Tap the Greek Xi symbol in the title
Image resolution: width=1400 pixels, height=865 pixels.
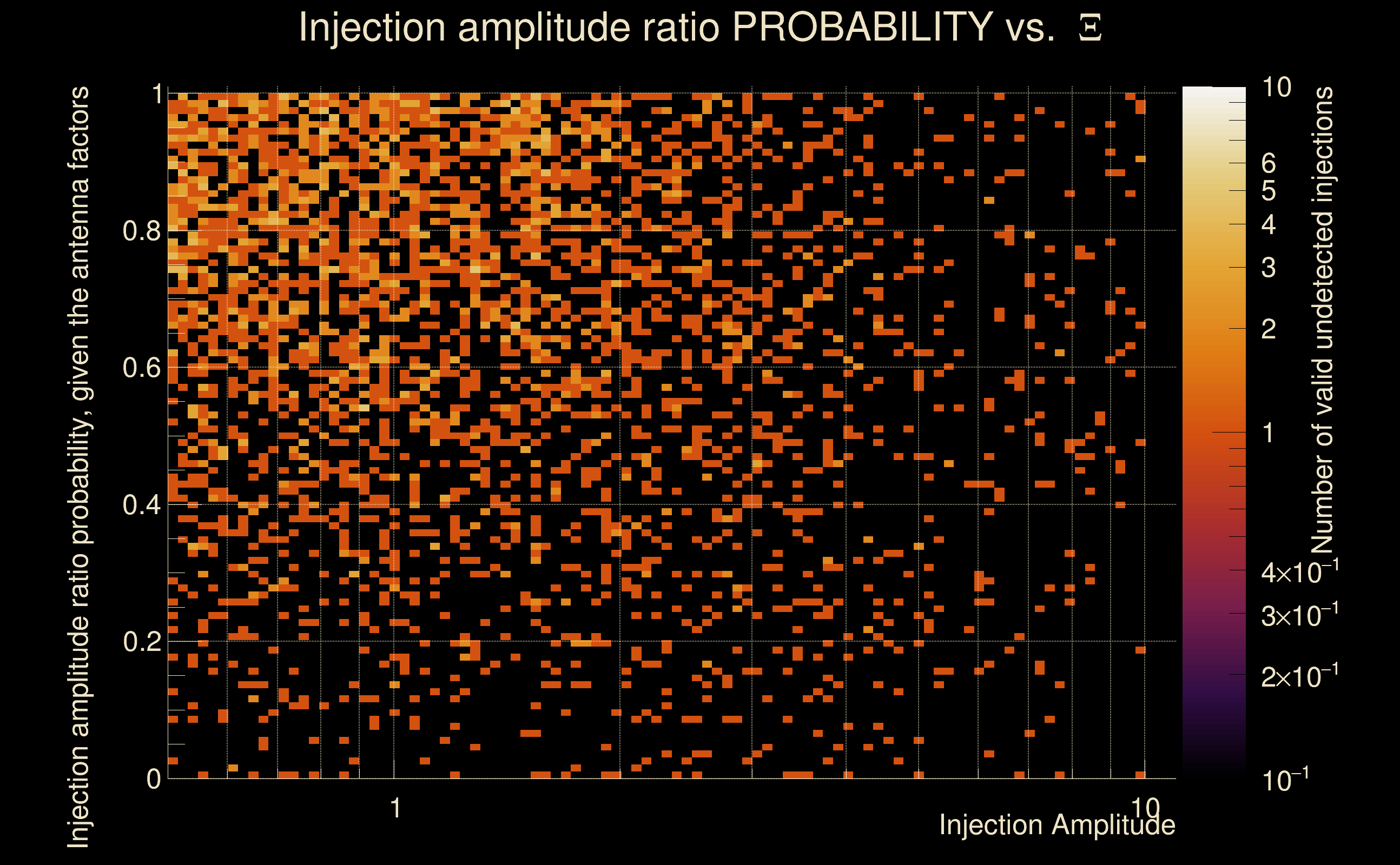click(x=1090, y=28)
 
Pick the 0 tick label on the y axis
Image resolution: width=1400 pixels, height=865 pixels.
click(x=154, y=778)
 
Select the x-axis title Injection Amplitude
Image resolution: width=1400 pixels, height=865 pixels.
click(x=1057, y=825)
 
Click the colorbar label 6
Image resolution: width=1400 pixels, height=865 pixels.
click(x=1269, y=164)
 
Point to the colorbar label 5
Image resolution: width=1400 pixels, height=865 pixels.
click(x=1269, y=190)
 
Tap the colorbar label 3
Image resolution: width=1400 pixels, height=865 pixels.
click(x=1269, y=268)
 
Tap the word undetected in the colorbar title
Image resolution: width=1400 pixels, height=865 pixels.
click(x=1322, y=281)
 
